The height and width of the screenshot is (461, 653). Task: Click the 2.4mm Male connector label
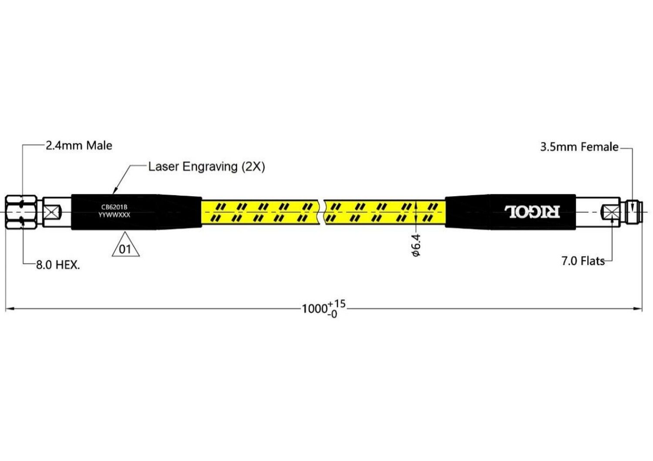(x=79, y=146)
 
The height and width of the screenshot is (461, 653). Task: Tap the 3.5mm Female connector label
(x=579, y=147)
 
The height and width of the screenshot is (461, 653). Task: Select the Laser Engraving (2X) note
(x=207, y=167)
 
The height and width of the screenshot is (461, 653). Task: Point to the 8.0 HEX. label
(x=58, y=265)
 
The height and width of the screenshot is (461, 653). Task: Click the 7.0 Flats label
(x=583, y=261)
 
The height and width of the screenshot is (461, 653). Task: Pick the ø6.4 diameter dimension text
(x=416, y=245)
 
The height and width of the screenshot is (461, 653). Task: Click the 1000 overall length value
(x=314, y=309)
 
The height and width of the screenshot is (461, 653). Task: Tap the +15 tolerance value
(x=337, y=304)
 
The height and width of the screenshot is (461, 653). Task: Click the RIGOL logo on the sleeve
(x=532, y=212)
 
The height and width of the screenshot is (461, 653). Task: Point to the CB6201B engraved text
(x=114, y=207)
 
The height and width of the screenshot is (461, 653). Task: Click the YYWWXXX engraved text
(x=114, y=215)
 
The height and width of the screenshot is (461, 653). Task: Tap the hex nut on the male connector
(x=21, y=212)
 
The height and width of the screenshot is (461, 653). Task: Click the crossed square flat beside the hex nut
(x=52, y=212)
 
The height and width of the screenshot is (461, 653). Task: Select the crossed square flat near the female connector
(x=610, y=212)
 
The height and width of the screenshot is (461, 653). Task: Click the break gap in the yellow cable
(x=322, y=212)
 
